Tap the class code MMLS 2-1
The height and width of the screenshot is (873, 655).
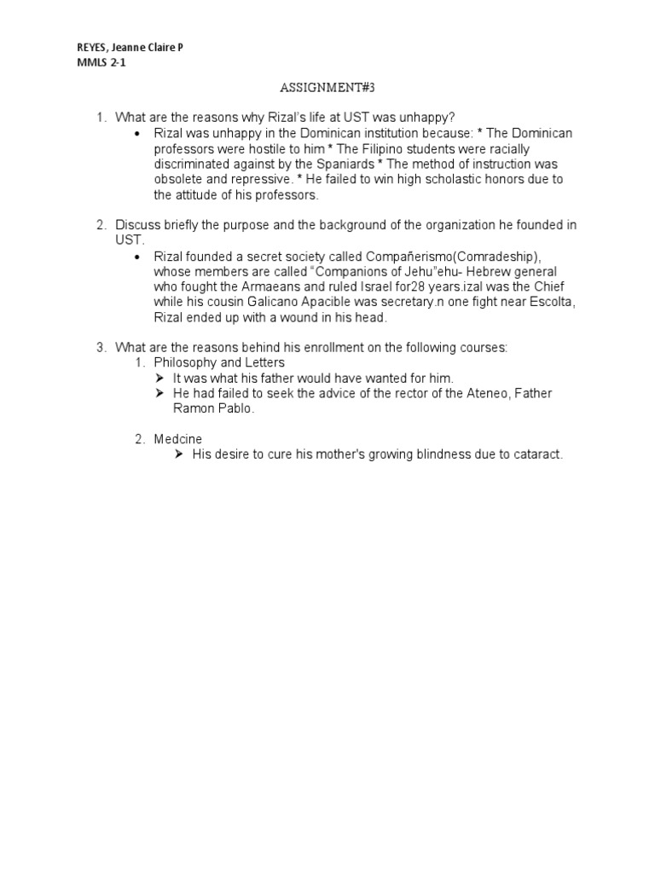[x=98, y=63]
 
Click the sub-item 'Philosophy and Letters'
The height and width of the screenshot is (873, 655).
[x=219, y=362]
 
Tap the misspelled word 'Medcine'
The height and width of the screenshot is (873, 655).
[x=178, y=439]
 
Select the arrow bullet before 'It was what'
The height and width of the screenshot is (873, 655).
[x=159, y=378]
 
